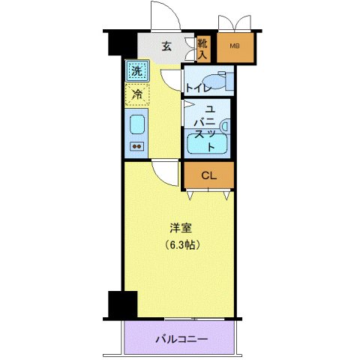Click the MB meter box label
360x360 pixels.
click(235, 46)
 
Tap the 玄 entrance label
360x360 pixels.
click(166, 46)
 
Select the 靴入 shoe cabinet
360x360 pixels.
click(202, 49)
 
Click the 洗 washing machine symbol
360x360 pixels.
click(136, 72)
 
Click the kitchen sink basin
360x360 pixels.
click(136, 124)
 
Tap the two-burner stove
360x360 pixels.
click(136, 145)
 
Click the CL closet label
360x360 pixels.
click(209, 175)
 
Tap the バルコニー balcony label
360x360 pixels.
click(182, 338)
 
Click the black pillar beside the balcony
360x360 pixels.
click(121, 304)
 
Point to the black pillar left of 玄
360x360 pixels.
click(117, 43)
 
